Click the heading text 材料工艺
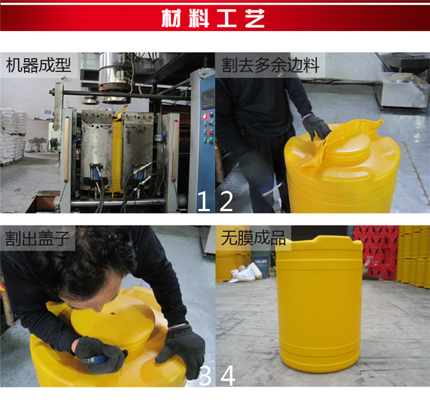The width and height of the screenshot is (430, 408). coord(213,18)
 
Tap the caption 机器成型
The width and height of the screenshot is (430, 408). coord(38,65)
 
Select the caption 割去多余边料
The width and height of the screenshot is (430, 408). coord(271,65)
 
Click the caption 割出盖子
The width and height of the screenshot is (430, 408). coord(38,238)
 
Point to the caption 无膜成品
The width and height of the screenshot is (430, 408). coord(253,237)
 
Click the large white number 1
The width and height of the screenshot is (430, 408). coord(204,201)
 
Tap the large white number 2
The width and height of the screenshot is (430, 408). coord(226,201)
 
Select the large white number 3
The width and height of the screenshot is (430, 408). coord(205,376)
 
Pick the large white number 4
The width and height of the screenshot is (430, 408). coord(228,376)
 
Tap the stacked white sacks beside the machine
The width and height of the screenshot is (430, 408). coord(13,136)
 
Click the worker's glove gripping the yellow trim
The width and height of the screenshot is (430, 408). coord(316,127)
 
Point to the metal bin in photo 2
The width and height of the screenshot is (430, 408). coord(402,90)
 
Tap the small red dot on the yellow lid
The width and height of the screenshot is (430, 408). coord(112,313)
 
